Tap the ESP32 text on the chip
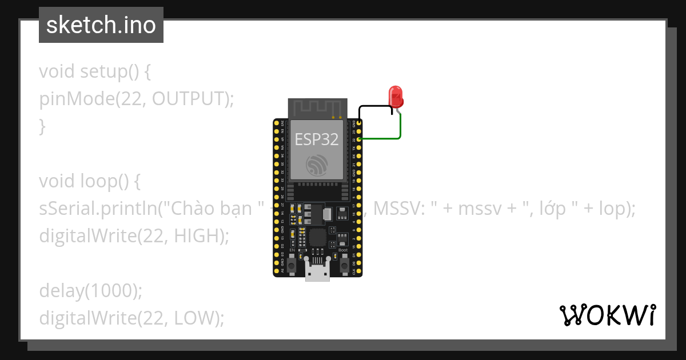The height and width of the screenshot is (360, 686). click(x=316, y=139)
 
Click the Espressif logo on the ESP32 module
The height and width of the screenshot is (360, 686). click(x=317, y=165)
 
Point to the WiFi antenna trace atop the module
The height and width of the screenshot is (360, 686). click(x=317, y=107)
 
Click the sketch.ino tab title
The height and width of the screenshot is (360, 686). click(x=101, y=26)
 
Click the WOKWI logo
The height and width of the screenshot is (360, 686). click(x=607, y=315)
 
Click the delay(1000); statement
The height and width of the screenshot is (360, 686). click(x=90, y=290)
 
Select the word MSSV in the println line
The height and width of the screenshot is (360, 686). click(x=398, y=209)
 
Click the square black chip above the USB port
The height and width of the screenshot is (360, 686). click(x=317, y=237)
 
